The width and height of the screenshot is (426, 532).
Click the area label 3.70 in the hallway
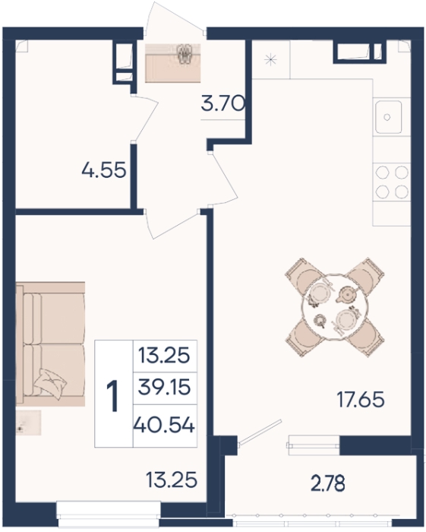click(222, 104)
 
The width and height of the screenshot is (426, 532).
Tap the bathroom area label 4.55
click(104, 169)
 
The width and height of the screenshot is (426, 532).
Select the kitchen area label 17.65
click(361, 399)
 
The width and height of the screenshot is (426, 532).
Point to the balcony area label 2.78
click(328, 483)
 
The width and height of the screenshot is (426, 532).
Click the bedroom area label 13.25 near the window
click(172, 480)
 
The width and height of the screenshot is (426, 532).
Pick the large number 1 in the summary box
click(112, 396)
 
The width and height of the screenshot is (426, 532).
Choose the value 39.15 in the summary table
click(164, 387)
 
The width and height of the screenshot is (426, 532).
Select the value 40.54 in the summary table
click(164, 425)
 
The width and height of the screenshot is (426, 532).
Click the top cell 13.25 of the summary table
click(164, 356)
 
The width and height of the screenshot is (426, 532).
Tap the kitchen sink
click(388, 117)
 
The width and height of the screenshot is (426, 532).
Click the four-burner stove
click(392, 182)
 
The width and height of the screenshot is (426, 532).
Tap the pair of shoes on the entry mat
click(185, 54)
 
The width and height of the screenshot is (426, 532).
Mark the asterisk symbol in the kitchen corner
click(271, 60)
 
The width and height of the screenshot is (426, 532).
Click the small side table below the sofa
click(28, 423)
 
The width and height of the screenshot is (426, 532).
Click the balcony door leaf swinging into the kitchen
click(260, 432)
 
